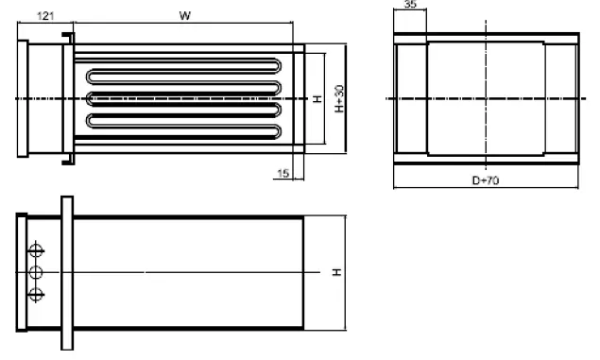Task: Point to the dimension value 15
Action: [283, 172]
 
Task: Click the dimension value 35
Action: [410, 5]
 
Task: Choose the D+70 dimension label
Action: [488, 179]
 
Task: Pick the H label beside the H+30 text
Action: [318, 99]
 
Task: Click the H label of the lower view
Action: [337, 273]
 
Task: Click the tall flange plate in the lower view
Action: [66, 273]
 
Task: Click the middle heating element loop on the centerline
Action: [180, 98]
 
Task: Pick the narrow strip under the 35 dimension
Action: [410, 98]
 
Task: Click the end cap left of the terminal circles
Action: [23, 273]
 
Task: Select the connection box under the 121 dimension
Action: [42, 98]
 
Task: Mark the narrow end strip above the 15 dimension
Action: [299, 98]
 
